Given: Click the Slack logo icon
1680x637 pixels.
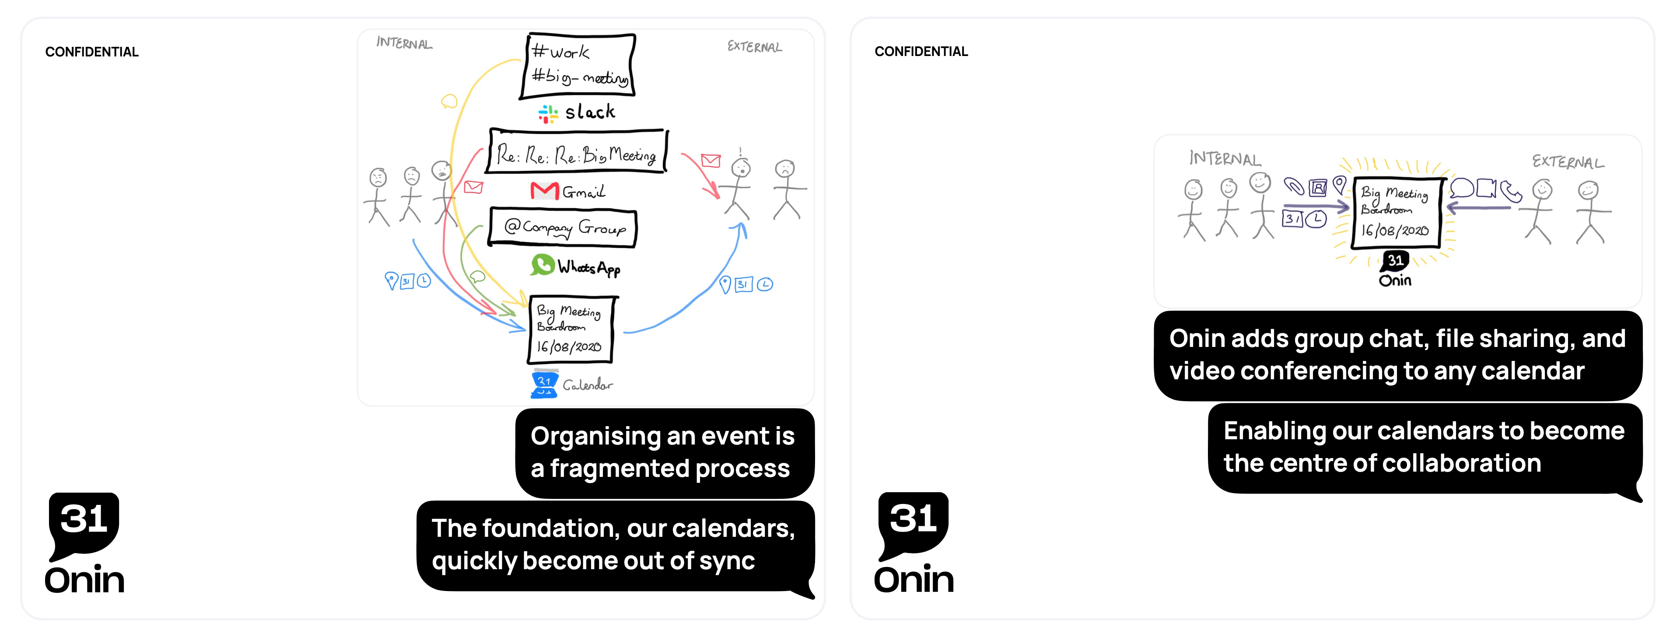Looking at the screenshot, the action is [x=548, y=114].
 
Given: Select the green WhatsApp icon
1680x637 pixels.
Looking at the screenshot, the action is [x=542, y=264].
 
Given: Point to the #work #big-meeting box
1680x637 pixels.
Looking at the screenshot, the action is [x=578, y=66].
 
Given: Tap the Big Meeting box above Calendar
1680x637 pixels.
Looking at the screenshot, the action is [x=571, y=329].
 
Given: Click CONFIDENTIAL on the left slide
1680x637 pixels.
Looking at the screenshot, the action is [x=92, y=52].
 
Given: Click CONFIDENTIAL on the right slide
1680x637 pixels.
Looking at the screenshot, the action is [x=921, y=52].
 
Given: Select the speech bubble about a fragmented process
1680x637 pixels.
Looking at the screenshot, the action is [x=665, y=452].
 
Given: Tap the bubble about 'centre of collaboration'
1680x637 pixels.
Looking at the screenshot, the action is [x=1425, y=448].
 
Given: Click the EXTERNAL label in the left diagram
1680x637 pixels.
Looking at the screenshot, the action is [x=755, y=47].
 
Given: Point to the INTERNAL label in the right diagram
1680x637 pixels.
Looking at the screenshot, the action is [x=1225, y=158].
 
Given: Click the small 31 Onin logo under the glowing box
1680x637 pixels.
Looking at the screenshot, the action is [x=1395, y=269].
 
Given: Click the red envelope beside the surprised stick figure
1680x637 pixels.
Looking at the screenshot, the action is [x=710, y=161].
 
